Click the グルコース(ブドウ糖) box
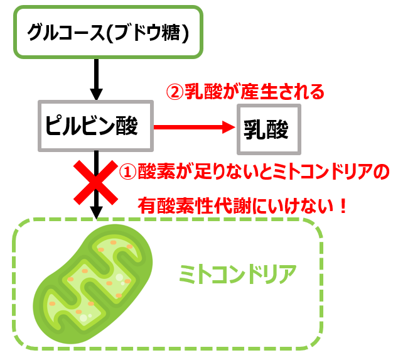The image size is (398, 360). point(107,31)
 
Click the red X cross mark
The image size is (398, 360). point(95,182)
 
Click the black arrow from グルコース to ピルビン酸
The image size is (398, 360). point(95,79)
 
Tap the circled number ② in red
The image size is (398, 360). point(173,92)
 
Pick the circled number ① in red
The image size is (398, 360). point(127,172)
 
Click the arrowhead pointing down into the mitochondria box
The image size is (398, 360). point(95,213)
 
